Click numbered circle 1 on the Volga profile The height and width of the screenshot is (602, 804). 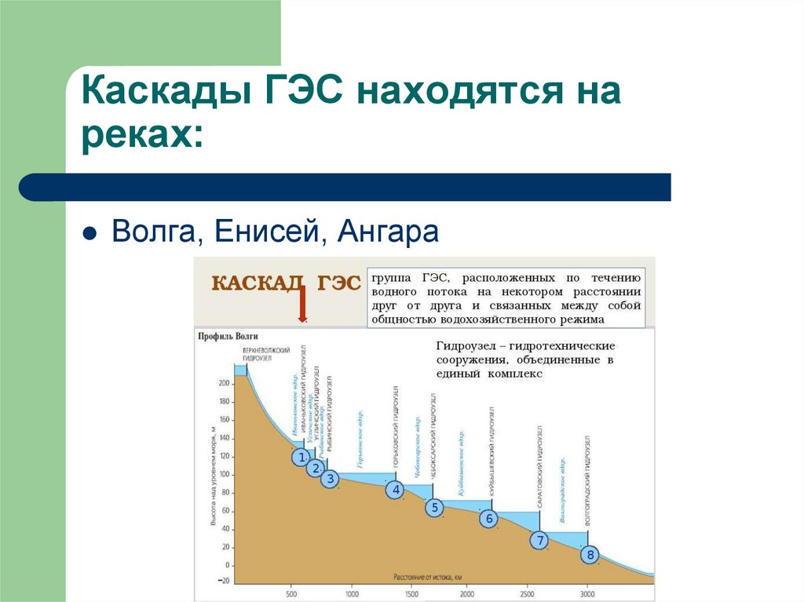(x=299, y=457)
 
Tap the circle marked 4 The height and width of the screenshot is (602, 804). (x=396, y=491)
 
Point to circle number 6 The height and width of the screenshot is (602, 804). (x=489, y=519)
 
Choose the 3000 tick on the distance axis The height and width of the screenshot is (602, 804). (x=588, y=593)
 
